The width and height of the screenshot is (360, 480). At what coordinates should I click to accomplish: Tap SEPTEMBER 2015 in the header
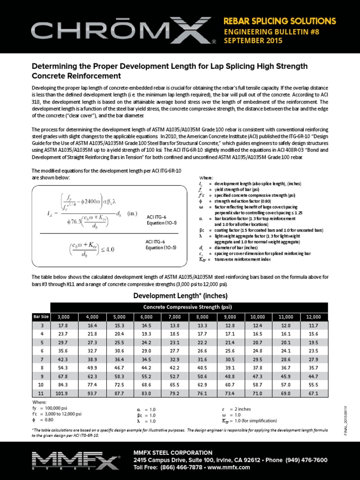tap(253, 41)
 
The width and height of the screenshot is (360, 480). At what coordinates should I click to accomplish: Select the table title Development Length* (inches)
tap(180, 296)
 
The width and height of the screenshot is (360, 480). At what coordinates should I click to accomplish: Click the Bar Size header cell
tap(41, 317)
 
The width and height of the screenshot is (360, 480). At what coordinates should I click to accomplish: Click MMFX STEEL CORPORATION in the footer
tap(172, 452)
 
